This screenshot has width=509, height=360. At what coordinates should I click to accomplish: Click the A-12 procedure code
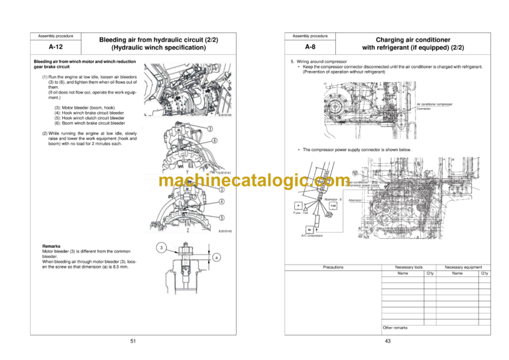[x=56, y=48]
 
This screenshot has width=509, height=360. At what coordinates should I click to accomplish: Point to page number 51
[x=133, y=341]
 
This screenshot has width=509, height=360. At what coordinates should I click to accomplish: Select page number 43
[x=387, y=341]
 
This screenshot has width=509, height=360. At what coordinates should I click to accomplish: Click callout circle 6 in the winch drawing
[x=215, y=141]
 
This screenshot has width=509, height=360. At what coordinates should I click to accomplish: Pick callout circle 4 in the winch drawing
[x=220, y=201]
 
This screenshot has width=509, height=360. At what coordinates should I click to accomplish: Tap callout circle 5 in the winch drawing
[x=220, y=217]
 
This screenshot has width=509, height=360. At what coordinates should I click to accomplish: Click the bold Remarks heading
[x=52, y=246]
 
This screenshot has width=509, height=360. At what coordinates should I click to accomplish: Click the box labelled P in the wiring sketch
[x=298, y=206]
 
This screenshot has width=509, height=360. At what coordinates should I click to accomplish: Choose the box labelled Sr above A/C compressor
[x=309, y=229]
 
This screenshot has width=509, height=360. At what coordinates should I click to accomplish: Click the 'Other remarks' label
[x=396, y=327]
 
